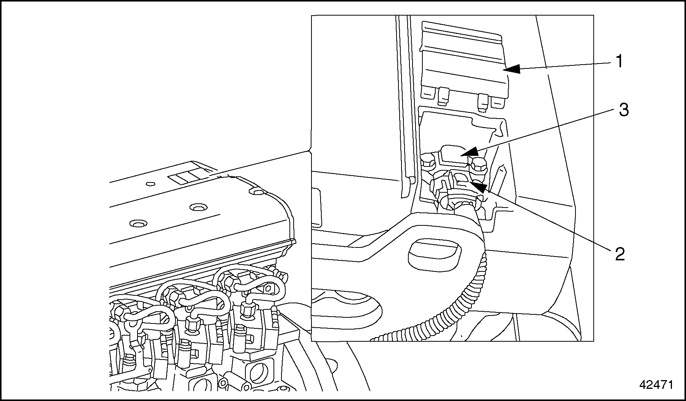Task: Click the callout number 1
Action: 619,62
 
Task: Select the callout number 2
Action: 620,254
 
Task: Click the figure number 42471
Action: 656,385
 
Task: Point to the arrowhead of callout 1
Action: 507,70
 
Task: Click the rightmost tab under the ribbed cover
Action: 496,102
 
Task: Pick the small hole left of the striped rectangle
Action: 151,184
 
